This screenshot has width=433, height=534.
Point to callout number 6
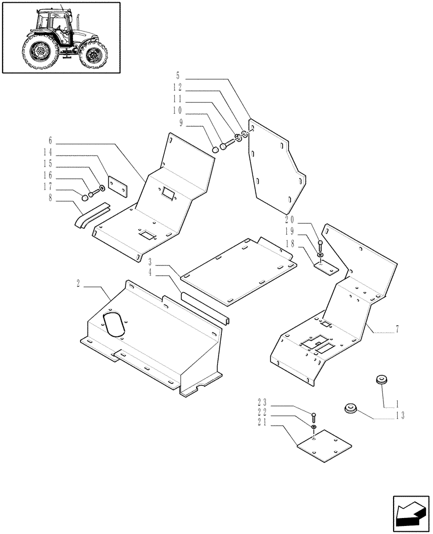(x=51, y=140)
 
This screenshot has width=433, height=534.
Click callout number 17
(x=48, y=187)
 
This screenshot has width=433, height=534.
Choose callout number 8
(x=51, y=199)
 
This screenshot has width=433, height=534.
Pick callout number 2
(x=79, y=282)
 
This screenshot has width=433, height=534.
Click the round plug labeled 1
(x=382, y=380)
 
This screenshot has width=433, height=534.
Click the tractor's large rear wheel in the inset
(x=39, y=52)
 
